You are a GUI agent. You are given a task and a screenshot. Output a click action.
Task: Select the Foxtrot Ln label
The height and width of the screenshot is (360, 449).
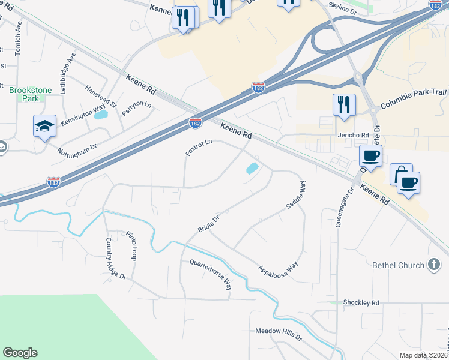pyautogui.click(x=199, y=148)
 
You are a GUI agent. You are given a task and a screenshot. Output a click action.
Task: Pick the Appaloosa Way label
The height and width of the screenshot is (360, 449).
pyautogui.click(x=278, y=262)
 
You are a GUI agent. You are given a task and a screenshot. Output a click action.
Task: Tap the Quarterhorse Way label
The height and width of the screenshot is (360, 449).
pyautogui.click(x=210, y=275)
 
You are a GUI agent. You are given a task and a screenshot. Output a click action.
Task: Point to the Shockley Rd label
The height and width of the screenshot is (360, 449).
pyautogui.click(x=362, y=303)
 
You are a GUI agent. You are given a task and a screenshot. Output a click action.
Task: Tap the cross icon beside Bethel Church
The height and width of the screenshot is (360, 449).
pyautogui.click(x=434, y=265)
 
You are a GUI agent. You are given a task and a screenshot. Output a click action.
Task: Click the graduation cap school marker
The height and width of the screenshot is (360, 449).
pyautogui.click(x=45, y=126)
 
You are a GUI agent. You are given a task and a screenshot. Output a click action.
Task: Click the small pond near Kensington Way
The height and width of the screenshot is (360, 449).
pyautogui.click(x=101, y=114)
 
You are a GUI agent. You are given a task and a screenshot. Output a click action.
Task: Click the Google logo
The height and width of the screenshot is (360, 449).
pyautogui.click(x=20, y=353)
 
